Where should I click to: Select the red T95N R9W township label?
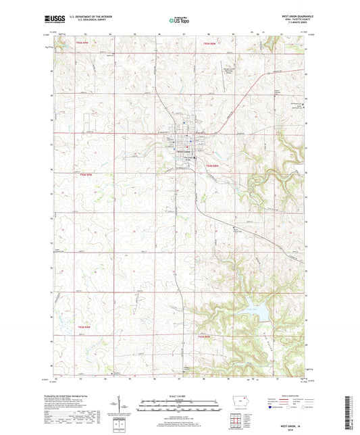click(x=82, y=44)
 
